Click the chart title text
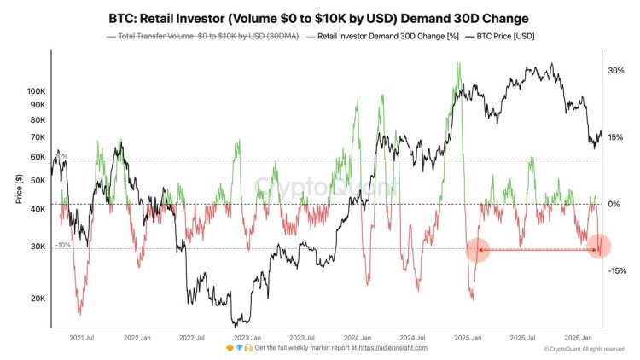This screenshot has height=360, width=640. pyautogui.click(x=320, y=16)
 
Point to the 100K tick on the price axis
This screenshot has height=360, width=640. pyautogui.click(x=36, y=90)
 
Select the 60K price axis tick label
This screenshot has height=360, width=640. pyautogui.click(x=38, y=157)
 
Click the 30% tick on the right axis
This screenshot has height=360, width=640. pyautogui.click(x=616, y=71)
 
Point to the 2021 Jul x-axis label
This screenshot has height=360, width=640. pyautogui.click(x=81, y=338)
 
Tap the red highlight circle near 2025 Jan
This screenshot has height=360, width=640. pyautogui.click(x=478, y=249)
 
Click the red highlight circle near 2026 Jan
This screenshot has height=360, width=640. pyautogui.click(x=599, y=247)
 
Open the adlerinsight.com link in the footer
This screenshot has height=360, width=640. pyautogui.click(x=393, y=348)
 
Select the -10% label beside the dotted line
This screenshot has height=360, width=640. pyautogui.click(x=62, y=245)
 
